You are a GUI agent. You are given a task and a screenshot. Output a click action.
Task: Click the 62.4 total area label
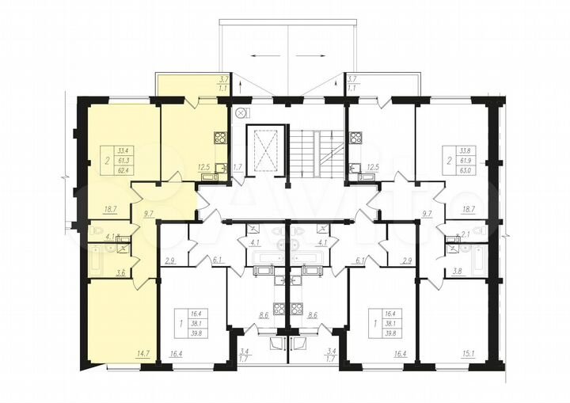coord(123,169)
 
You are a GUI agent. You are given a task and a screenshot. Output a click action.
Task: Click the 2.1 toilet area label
coord(467,234)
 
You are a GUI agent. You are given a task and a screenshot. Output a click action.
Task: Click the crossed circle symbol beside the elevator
coord(240,113)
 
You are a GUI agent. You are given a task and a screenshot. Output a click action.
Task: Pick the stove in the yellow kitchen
coord(219,137)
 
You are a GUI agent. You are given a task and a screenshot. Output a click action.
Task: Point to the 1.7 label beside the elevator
coord(237,167)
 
